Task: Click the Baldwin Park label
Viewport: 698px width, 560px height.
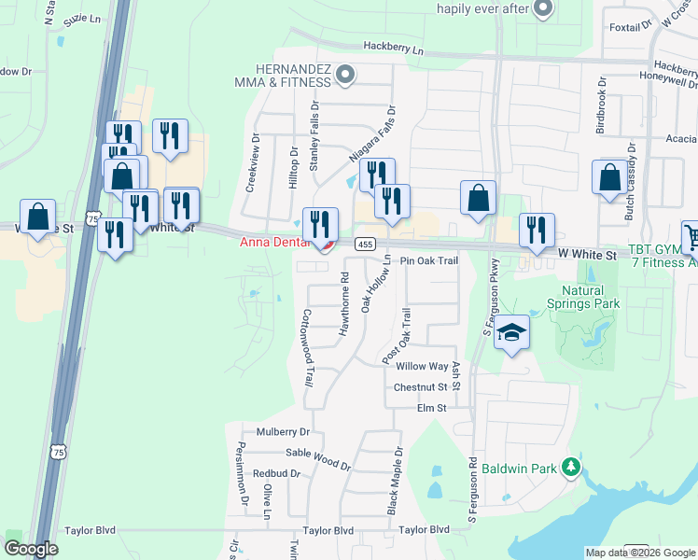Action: click(x=512, y=468)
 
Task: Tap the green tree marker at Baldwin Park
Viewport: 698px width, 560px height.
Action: click(x=568, y=468)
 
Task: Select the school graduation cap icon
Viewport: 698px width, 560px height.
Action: click(x=511, y=332)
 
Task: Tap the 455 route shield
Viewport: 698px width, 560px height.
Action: click(x=365, y=245)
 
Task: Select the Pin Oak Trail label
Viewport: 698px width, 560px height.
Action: click(x=430, y=261)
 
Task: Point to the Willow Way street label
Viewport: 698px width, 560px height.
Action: click(x=423, y=367)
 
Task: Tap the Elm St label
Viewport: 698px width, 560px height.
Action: click(x=432, y=408)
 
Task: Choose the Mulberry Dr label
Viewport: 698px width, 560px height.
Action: click(x=275, y=432)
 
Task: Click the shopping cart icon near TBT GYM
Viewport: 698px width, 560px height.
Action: click(x=691, y=236)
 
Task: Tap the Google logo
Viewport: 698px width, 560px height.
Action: click(x=31, y=548)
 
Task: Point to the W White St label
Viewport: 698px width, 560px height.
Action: click(x=588, y=254)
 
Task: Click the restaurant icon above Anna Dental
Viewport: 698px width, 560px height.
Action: click(x=321, y=223)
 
